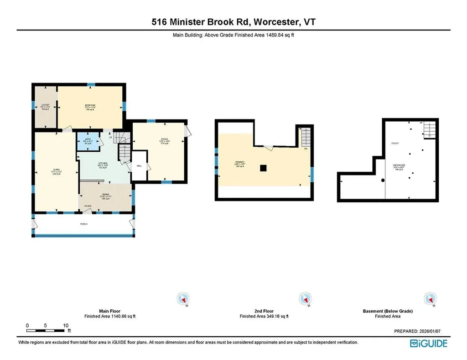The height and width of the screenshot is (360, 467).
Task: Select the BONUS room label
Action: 158,139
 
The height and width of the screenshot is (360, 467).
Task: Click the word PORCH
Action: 83,224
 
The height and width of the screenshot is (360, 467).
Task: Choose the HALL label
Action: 139,165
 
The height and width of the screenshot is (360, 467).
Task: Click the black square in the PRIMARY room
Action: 263,168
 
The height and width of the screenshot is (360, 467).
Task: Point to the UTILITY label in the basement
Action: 395,144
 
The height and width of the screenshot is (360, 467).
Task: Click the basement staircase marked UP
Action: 429,129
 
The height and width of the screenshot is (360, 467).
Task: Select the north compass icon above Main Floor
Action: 183,299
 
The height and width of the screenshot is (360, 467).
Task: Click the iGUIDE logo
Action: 429,343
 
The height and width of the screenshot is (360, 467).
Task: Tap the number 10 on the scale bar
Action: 66,325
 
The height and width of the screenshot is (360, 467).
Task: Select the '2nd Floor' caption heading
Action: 264,311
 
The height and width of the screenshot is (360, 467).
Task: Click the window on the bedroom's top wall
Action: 91,84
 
